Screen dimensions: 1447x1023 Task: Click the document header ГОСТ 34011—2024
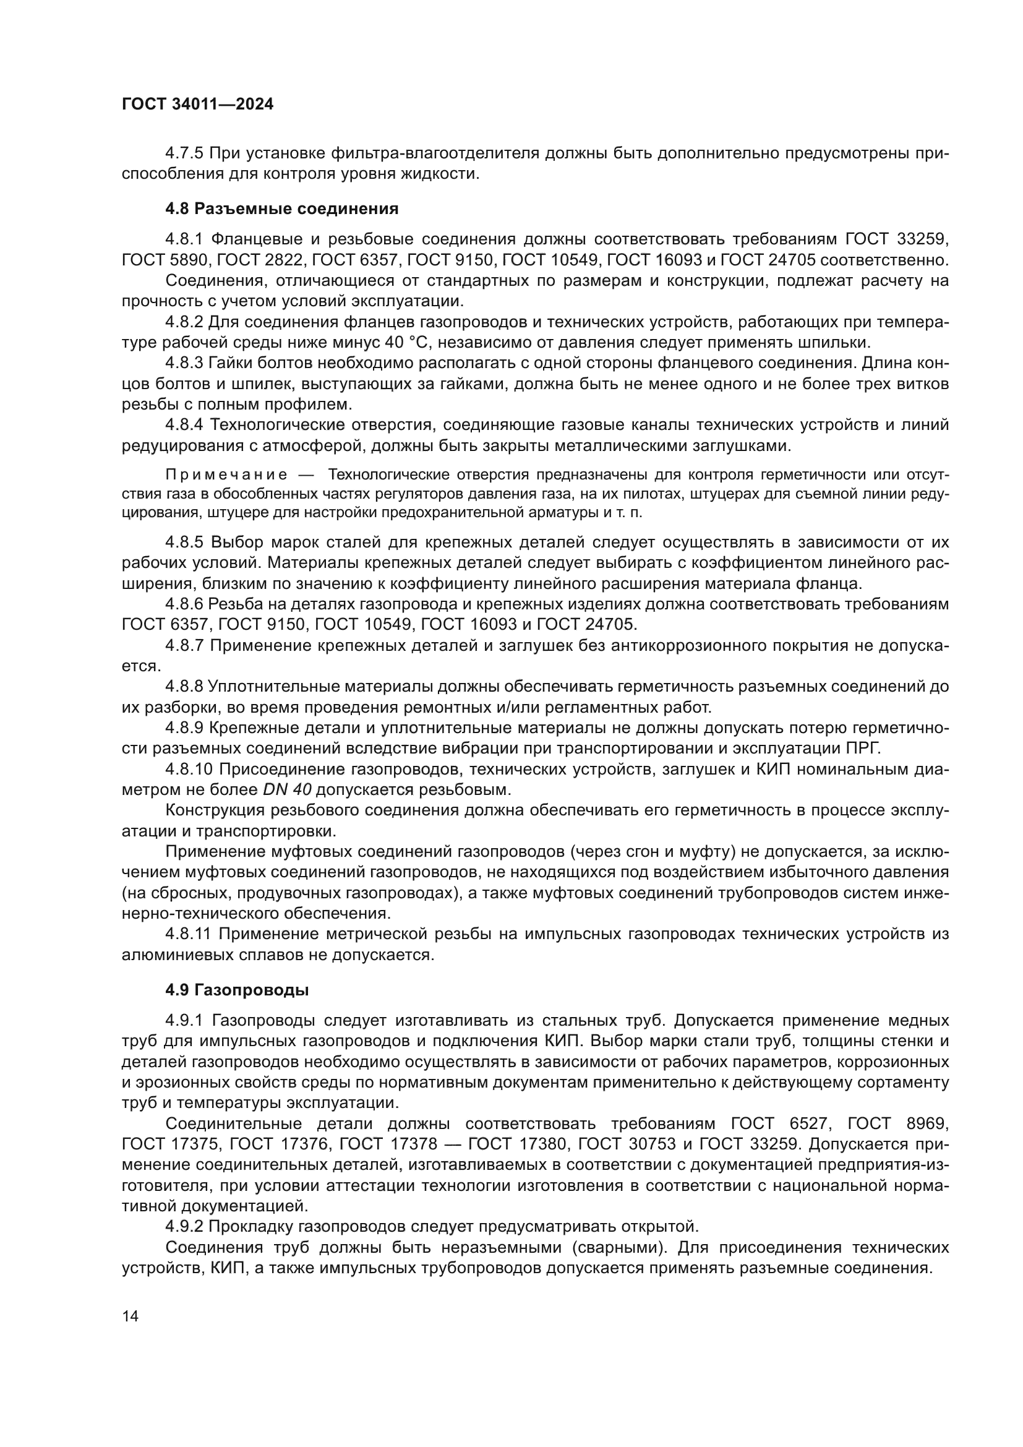(x=197, y=105)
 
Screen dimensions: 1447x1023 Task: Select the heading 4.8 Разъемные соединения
(x=281, y=208)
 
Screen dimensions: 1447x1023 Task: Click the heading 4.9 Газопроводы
(x=237, y=990)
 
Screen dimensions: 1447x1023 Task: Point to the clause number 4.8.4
(x=184, y=426)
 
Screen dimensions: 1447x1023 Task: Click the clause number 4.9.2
(x=184, y=1226)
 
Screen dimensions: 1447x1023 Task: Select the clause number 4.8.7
(x=184, y=645)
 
